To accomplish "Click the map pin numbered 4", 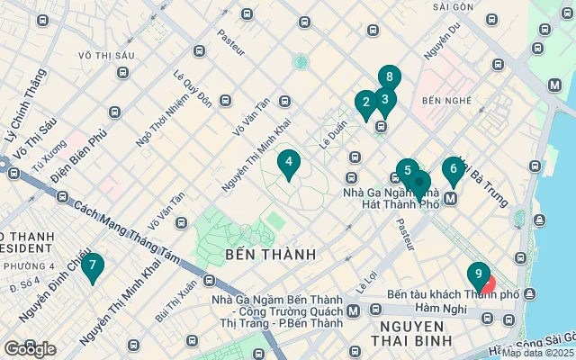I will pos(289,164).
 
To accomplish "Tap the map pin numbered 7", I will pos(92,265).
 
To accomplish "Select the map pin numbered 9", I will pos(478,274).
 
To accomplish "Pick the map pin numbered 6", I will pos(454,169).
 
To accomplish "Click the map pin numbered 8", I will pos(389,78).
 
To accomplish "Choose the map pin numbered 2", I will pos(365,103).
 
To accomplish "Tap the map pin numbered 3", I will pos(385,100).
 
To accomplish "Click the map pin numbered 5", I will pos(408,171).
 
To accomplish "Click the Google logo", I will pos(31,349).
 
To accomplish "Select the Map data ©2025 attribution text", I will pos(537,353).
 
